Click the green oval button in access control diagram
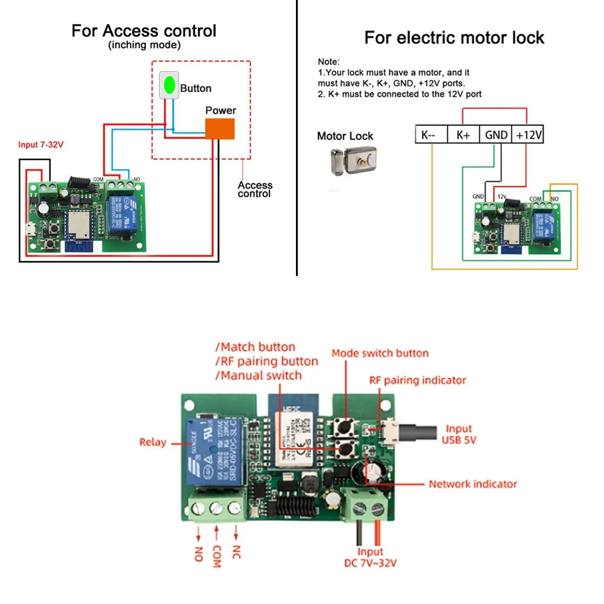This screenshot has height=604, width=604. tap(170, 85)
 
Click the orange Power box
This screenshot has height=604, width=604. tap(220, 129)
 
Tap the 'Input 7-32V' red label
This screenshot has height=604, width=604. tap(41, 146)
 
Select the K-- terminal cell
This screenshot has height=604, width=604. tap(431, 135)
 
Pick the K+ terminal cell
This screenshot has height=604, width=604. tap(463, 135)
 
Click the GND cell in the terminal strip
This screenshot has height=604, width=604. tap(496, 135)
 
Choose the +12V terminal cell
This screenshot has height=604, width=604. tap(528, 135)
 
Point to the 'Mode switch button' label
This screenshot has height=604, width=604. tap(380, 353)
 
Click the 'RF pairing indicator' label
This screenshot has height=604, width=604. tap(417, 381)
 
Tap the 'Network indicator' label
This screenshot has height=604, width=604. tap(473, 484)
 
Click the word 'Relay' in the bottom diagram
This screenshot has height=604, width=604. tap(152, 442)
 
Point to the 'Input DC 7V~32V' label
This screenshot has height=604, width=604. tap(370, 557)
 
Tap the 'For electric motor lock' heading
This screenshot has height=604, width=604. tap(454, 38)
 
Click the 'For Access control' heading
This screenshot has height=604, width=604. tap(144, 31)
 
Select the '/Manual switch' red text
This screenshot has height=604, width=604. tap(259, 376)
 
